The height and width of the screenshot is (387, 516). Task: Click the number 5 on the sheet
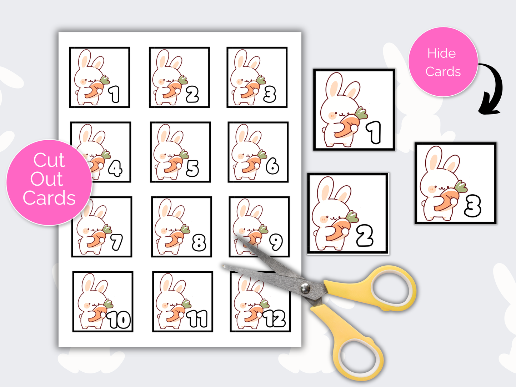(x=192, y=168)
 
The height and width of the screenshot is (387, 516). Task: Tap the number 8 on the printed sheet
(x=199, y=243)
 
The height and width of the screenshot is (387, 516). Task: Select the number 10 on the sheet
(x=119, y=320)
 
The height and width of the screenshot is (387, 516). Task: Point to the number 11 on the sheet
(x=199, y=318)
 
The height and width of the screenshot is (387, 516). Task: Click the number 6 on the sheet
(x=272, y=166)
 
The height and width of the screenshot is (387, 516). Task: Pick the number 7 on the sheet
(x=116, y=242)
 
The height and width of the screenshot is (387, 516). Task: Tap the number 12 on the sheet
(x=275, y=318)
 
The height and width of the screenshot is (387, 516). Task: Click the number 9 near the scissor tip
(x=276, y=242)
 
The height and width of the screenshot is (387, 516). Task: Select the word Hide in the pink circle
(x=441, y=54)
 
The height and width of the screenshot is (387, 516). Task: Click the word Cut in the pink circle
(x=49, y=160)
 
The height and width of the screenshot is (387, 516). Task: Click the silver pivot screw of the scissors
(x=305, y=288)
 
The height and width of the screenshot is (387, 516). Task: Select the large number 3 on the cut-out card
(x=473, y=206)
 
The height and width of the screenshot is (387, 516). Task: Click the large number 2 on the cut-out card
(x=365, y=236)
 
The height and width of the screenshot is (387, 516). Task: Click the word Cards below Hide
(x=443, y=72)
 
